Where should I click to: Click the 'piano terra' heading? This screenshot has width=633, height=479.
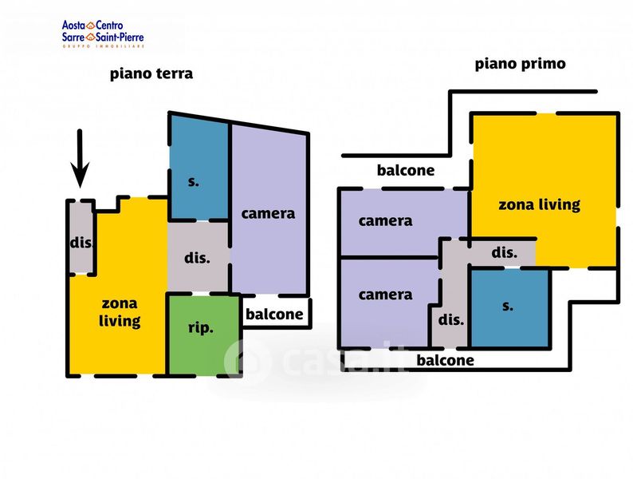pyautogui.click(x=151, y=74)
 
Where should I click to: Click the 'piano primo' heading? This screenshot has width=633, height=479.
pyautogui.click(x=520, y=64)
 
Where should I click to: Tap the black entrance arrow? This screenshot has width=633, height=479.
pyautogui.click(x=80, y=158)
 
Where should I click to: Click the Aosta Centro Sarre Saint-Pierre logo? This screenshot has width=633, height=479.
pyautogui.click(x=103, y=34)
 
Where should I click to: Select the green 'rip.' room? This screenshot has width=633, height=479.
pyautogui.click(x=204, y=335)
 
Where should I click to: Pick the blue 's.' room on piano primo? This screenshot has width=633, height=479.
pyautogui.click(x=509, y=307)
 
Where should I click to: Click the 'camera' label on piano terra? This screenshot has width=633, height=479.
pyautogui.click(x=268, y=213)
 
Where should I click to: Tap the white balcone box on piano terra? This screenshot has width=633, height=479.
pyautogui.click(x=276, y=313)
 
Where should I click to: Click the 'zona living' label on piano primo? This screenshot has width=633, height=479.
pyautogui.click(x=540, y=204)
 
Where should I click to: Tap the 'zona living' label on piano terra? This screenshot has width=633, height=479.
pyautogui.click(x=120, y=311)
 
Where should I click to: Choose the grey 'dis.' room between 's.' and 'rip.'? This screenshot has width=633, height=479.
pyautogui.click(x=198, y=257)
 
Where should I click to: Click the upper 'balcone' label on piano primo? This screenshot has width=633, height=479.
pyautogui.click(x=406, y=170)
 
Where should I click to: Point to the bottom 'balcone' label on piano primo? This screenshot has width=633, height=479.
pyautogui.click(x=446, y=360)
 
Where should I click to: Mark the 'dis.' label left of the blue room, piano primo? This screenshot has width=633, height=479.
pyautogui.click(x=451, y=320)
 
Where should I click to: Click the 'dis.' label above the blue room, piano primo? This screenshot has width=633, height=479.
pyautogui.click(x=504, y=252)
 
